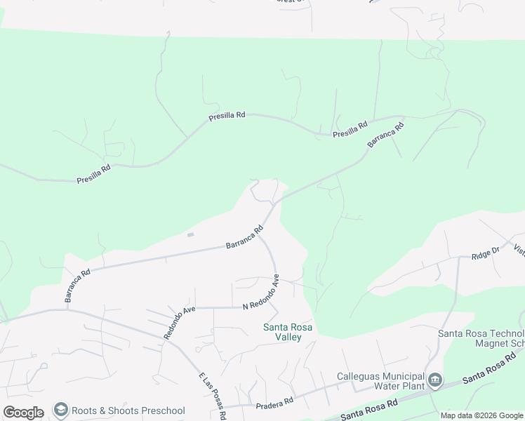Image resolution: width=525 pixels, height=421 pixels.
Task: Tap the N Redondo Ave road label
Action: (261, 295)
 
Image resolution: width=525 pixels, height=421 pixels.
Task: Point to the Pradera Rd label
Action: (274, 403)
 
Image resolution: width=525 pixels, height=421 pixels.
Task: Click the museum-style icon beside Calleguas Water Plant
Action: (435, 381)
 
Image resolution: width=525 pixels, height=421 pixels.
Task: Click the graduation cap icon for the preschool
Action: (61, 410)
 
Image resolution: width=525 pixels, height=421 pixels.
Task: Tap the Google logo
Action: (23, 412)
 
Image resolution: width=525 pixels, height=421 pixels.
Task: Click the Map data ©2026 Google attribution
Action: (481, 415)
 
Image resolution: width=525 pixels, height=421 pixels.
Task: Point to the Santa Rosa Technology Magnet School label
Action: (481, 338)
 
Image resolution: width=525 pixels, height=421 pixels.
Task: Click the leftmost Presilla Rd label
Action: (93, 173)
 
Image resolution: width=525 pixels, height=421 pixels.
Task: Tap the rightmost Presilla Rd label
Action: (350, 130)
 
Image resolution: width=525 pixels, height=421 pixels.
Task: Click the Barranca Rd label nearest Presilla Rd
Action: (386, 135)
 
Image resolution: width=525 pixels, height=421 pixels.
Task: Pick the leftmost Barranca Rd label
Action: (77, 286)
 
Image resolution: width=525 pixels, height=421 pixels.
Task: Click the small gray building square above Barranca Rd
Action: (190, 234)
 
